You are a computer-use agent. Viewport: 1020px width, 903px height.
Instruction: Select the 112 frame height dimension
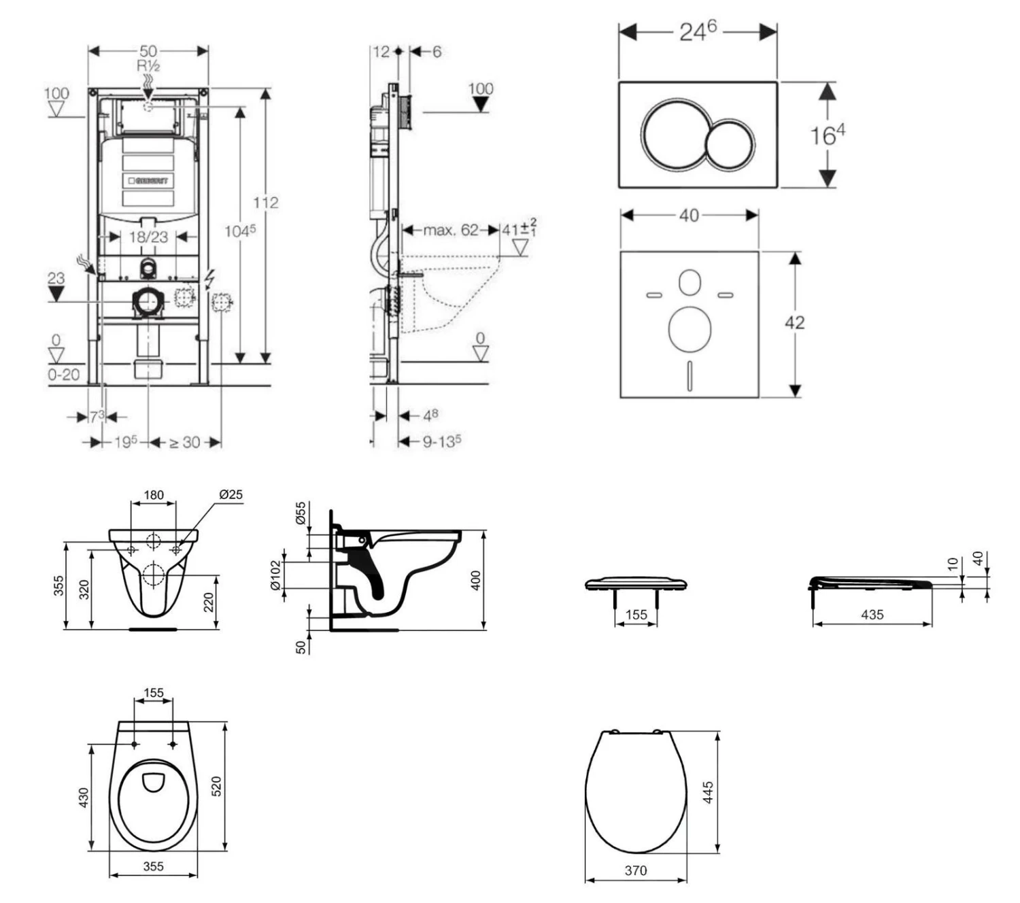click(x=266, y=203)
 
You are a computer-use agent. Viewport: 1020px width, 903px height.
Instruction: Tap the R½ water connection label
click(x=148, y=66)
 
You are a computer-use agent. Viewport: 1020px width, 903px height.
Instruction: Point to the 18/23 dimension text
click(x=148, y=237)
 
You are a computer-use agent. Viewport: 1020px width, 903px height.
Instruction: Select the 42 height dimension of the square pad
click(x=794, y=322)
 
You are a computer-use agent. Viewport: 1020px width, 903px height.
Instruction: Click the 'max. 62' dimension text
click(x=451, y=230)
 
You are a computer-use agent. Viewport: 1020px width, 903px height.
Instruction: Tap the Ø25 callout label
click(x=231, y=494)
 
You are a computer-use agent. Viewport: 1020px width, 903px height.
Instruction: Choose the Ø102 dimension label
click(x=275, y=575)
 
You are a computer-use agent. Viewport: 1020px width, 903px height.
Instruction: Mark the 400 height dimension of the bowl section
click(x=476, y=580)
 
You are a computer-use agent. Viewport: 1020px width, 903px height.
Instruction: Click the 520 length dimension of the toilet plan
click(x=217, y=786)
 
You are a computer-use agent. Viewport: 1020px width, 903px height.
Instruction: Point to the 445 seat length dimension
click(x=708, y=792)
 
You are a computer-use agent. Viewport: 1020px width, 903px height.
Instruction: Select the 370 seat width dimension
click(x=636, y=870)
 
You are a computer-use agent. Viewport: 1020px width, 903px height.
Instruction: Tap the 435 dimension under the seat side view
click(x=872, y=615)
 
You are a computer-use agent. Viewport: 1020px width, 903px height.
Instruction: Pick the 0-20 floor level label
click(x=63, y=374)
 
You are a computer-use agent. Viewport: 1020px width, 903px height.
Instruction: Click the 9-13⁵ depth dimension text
click(x=442, y=442)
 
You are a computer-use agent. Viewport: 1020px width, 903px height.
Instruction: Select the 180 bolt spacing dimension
click(x=154, y=494)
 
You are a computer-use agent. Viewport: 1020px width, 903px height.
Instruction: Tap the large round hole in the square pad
click(x=690, y=330)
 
